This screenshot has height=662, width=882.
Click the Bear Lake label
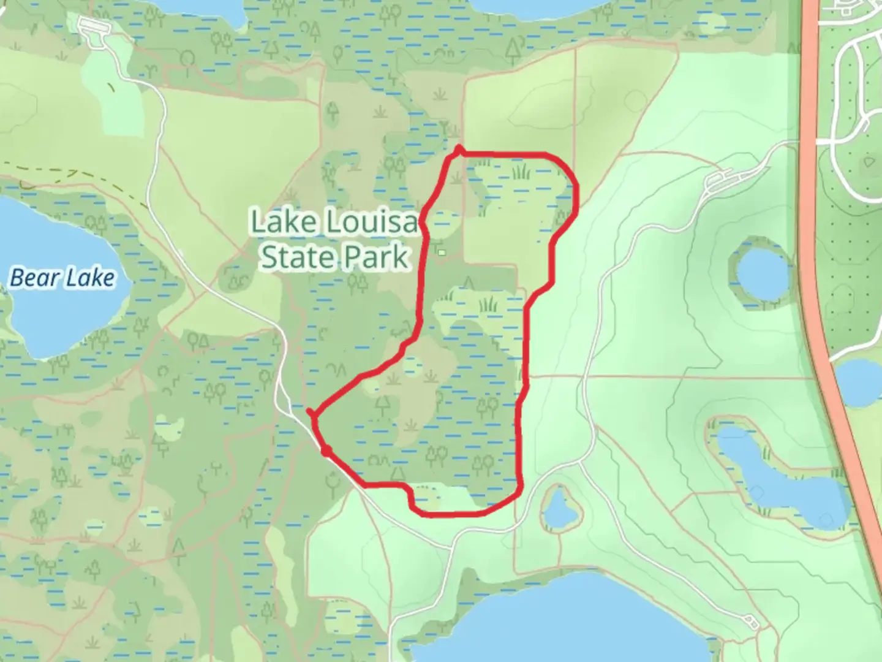(x=62, y=278)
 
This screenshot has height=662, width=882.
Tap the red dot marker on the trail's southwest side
(x=327, y=451)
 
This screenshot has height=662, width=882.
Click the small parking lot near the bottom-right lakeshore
(x=751, y=622)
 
